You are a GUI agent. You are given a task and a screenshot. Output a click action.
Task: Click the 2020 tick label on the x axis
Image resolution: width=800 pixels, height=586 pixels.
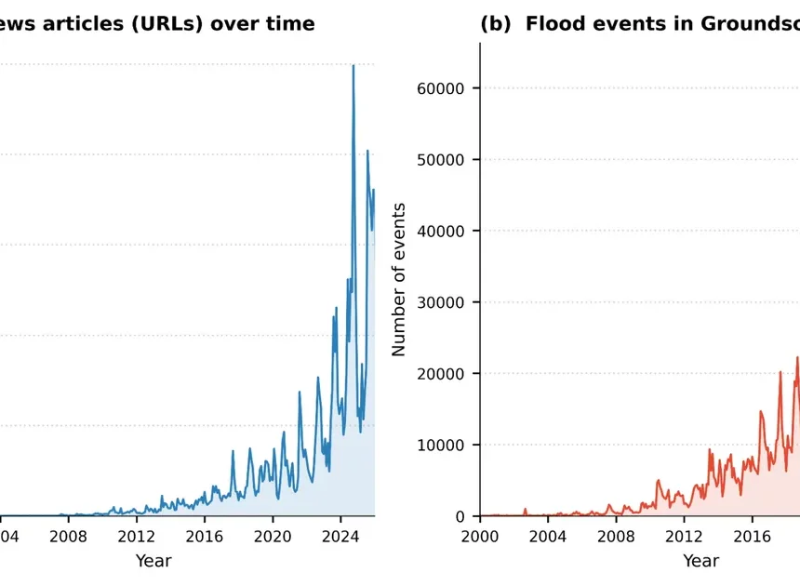(x=273, y=537)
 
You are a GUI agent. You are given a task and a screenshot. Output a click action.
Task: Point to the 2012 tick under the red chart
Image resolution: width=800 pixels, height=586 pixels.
(x=686, y=537)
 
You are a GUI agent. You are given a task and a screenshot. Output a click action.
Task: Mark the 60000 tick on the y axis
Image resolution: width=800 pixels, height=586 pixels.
(x=443, y=88)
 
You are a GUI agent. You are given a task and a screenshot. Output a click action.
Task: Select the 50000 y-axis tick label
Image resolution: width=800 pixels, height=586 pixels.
(x=443, y=160)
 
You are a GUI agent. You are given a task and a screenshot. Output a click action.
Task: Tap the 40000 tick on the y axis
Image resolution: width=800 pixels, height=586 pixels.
(x=443, y=231)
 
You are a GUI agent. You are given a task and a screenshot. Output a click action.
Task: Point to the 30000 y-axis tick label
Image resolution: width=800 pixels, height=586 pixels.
(x=443, y=302)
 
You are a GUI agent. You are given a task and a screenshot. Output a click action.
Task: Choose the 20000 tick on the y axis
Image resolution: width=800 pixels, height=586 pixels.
(x=443, y=374)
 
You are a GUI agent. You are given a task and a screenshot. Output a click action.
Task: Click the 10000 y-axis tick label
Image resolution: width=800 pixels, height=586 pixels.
(x=443, y=445)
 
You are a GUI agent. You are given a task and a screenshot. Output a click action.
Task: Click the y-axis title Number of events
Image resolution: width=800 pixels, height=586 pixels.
(x=399, y=279)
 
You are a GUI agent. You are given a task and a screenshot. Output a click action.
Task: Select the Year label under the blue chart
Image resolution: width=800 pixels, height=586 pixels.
(x=153, y=561)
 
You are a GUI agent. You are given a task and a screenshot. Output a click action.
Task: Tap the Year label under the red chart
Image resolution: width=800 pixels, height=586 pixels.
(x=700, y=561)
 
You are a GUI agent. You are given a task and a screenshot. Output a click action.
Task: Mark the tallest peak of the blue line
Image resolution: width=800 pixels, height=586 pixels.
(x=353, y=65)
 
